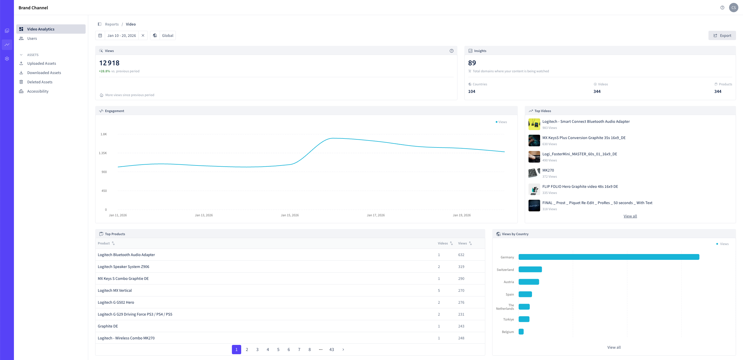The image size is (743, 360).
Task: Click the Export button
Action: pyautogui.click(x=722, y=35)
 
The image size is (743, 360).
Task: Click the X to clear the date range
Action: pyautogui.click(x=143, y=35)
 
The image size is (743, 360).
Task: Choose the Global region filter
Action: pyautogui.click(x=163, y=35)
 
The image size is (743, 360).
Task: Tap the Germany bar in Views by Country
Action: pyautogui.click(x=609, y=257)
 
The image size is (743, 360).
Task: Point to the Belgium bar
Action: pyautogui.click(x=521, y=332)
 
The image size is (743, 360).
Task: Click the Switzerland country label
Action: pyautogui.click(x=505, y=270)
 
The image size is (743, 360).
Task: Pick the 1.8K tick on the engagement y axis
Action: pyautogui.click(x=104, y=134)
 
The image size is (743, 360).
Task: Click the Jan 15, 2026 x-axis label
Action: pyautogui.click(x=290, y=215)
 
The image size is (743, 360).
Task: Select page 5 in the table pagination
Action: pyautogui.click(x=278, y=350)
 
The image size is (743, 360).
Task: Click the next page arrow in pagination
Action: pyautogui.click(x=343, y=350)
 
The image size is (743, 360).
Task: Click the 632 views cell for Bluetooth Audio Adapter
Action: pyautogui.click(x=461, y=255)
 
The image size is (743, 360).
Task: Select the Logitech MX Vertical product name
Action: pyautogui.click(x=115, y=290)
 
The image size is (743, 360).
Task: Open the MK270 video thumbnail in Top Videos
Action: pyautogui.click(x=534, y=173)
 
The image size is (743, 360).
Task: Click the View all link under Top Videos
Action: pyautogui.click(x=630, y=216)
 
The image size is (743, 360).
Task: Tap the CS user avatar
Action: pyautogui.click(x=734, y=8)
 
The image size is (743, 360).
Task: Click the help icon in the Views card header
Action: pyautogui.click(x=452, y=51)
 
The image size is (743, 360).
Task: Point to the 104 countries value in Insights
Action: pyautogui.click(x=472, y=91)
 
